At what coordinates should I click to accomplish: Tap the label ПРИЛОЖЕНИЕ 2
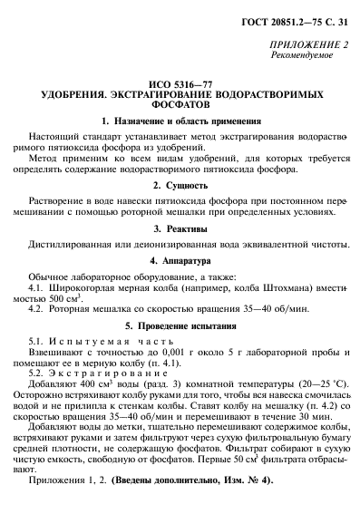tap(309, 44)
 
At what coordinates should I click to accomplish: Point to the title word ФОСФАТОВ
tap(180, 104)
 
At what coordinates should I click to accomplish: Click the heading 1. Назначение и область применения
tap(180, 121)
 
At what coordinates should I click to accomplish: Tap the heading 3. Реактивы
tap(180, 229)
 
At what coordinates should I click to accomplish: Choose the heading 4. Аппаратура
tap(180, 261)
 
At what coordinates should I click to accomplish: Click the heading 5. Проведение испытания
tap(180, 324)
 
